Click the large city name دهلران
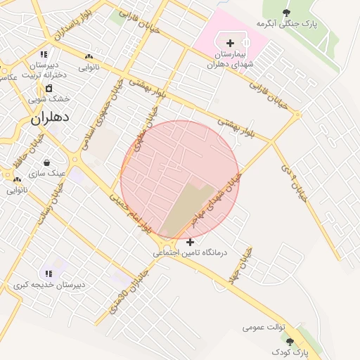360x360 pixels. [x=51, y=119]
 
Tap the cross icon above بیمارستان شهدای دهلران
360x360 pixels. [x=230, y=43]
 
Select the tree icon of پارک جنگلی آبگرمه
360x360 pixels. [x=286, y=13]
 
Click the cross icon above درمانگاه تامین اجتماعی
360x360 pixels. [x=190, y=242]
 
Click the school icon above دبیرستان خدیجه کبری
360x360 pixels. [x=49, y=274]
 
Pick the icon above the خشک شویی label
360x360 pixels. [x=49, y=88]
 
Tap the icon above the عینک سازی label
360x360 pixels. [x=47, y=162]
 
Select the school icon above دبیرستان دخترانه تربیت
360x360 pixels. [x=44, y=53]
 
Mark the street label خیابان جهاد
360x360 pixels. [x=240, y=266]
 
